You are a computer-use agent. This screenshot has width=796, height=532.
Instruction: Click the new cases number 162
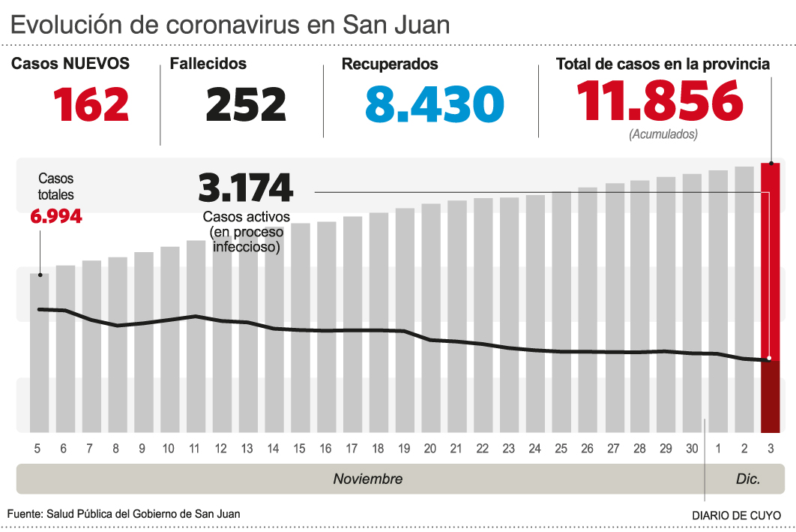pyautogui.click(x=91, y=104)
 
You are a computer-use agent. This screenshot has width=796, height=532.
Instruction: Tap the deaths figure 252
pyautogui.click(x=246, y=104)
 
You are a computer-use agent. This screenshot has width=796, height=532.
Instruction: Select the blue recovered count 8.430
pyautogui.click(x=434, y=104)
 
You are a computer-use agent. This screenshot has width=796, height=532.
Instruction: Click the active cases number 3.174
pyautogui.click(x=244, y=188)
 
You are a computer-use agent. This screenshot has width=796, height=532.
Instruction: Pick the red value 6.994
pyautogui.click(x=55, y=217)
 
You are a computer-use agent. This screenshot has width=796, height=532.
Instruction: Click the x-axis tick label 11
pyautogui.click(x=194, y=449)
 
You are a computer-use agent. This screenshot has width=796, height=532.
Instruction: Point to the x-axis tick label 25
pyautogui.click(x=561, y=449)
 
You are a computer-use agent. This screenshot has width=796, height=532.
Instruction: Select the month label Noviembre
pyautogui.click(x=367, y=479)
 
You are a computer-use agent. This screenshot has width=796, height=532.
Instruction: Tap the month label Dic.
pyautogui.click(x=748, y=479)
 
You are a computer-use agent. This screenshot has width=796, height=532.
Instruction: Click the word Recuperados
pyautogui.click(x=390, y=65)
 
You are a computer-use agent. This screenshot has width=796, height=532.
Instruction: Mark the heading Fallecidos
pyautogui.click(x=208, y=65)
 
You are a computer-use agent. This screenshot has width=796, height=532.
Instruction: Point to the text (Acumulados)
pyautogui.click(x=663, y=135)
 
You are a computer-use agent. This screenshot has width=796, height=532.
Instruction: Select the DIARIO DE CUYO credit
pyautogui.click(x=736, y=515)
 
